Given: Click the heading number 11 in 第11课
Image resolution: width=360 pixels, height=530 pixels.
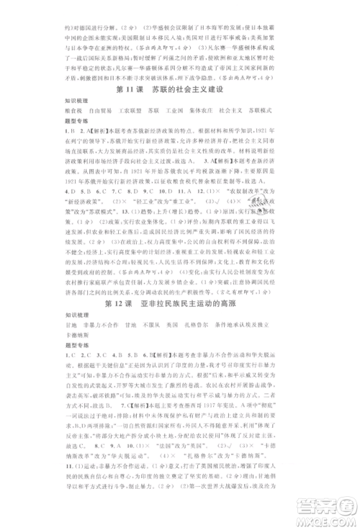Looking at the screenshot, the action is pyautogui.click(x=123, y=89).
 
